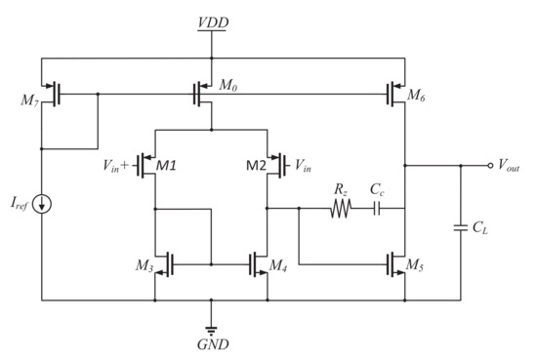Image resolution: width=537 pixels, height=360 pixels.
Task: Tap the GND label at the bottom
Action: pos(213,344)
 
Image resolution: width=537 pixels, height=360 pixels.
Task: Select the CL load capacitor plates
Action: pos(460,229)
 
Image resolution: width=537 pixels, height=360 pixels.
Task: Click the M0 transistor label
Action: pos(228,87)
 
